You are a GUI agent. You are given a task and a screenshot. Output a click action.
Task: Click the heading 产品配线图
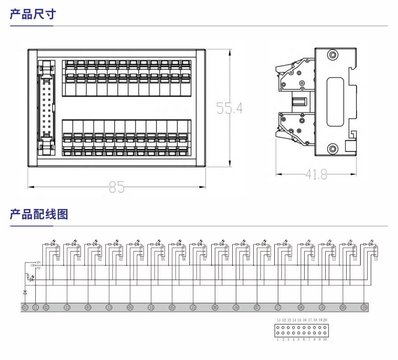(x=39, y=214)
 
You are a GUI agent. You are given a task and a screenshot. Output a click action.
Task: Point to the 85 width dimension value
(x=117, y=188)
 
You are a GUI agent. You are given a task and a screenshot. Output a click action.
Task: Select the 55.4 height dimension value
(x=229, y=108)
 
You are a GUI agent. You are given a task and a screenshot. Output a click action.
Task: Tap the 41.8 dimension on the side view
(x=316, y=175)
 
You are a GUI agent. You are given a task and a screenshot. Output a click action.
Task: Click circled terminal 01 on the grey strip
(x=25, y=307)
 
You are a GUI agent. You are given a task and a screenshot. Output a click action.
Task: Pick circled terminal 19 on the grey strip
(x=364, y=307)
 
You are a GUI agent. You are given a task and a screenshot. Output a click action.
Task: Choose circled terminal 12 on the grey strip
(x=67, y=307)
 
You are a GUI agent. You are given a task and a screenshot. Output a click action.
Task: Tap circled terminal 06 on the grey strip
(x=215, y=307)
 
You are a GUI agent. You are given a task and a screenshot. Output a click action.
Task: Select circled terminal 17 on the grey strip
(x=278, y=307)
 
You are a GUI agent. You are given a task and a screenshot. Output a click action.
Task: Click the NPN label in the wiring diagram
(x=38, y=262)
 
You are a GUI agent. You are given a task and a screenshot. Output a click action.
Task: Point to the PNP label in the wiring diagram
(x=38, y=268)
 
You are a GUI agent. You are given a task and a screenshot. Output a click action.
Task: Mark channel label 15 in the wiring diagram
(x=376, y=259)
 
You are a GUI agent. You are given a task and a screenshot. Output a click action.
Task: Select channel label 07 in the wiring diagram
(x=205, y=259)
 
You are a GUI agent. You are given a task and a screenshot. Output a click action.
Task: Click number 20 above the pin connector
(x=325, y=320)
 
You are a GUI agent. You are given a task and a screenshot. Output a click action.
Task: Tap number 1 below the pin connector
(x=278, y=339)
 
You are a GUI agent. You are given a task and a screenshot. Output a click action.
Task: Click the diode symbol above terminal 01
(x=25, y=292)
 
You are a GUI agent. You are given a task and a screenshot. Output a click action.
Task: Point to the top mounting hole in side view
(x=333, y=55)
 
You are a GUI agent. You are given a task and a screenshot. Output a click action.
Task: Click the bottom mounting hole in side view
(x=333, y=148)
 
